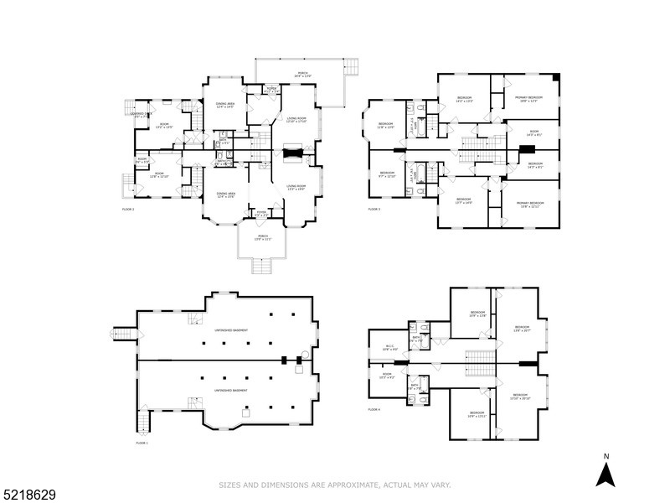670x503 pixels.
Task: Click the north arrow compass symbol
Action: [606, 470]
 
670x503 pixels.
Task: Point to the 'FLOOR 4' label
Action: [374, 409]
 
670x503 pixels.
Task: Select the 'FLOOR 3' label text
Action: [374, 209]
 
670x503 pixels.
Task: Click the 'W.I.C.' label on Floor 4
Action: [390, 347]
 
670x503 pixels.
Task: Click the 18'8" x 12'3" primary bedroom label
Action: [529, 99]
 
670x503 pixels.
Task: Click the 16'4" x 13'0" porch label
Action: [301, 75]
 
